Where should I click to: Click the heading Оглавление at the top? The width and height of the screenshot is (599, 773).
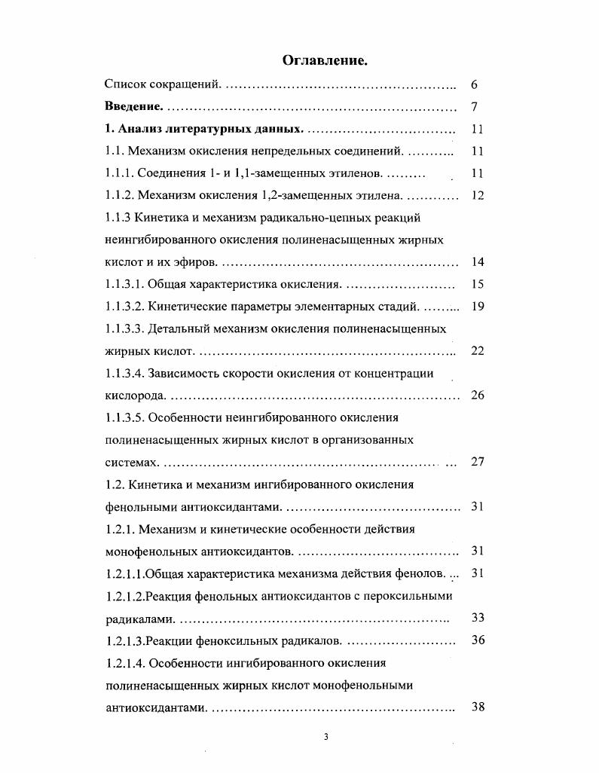coord(325,60)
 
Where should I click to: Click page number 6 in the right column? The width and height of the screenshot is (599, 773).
coord(474,85)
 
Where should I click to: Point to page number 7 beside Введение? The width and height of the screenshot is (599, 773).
coord(474,107)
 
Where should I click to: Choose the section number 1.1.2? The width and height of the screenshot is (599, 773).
coord(121,196)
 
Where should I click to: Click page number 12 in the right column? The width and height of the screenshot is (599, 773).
coord(477,196)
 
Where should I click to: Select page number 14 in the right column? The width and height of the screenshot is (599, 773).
coord(477,262)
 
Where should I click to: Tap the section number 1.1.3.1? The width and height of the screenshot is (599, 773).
coord(124,285)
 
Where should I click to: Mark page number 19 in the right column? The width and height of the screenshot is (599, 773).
coord(477,307)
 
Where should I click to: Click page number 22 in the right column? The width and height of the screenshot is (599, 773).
coord(477,351)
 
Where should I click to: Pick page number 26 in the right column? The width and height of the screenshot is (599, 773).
coord(477,396)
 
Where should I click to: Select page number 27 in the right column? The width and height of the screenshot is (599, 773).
coord(477,462)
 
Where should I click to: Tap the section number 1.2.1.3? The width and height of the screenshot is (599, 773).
coord(124,640)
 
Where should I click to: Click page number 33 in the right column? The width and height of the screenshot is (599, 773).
coord(477,618)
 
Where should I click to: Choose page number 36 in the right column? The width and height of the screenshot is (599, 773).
coord(477,640)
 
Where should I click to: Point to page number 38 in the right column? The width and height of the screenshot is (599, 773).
coord(477,707)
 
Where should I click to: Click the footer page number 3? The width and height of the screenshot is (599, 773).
coord(325,738)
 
